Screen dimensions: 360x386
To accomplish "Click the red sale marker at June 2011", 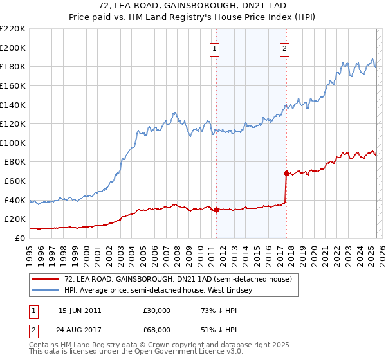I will click(216, 210).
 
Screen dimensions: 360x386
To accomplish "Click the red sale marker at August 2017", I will click(286, 173).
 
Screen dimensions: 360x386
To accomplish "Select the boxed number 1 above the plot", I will click(214, 47).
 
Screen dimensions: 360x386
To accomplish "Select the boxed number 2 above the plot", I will click(284, 47).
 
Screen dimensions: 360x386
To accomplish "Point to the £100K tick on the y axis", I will click(13, 143).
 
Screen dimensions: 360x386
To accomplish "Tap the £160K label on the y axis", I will click(13, 85).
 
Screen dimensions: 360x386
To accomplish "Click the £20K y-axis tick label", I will click(15, 219).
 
